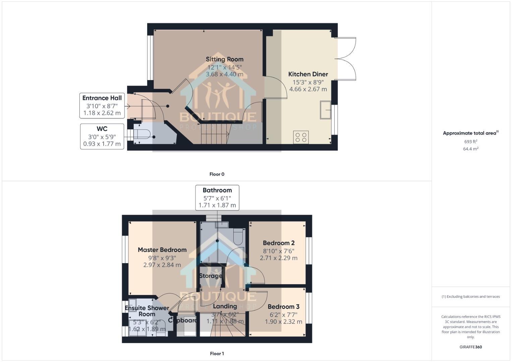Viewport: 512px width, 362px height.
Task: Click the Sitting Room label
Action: tap(224, 59)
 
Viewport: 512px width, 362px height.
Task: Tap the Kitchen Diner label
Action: tap(308, 74)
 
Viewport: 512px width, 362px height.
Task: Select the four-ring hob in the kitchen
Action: tap(301, 137)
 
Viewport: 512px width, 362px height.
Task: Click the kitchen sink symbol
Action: tap(325, 110)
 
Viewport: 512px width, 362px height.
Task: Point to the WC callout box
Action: tap(102, 136)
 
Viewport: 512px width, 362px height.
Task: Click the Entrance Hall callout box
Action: tap(102, 106)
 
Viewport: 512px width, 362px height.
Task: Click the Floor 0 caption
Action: tap(217, 174)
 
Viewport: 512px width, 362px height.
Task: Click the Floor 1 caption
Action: tap(217, 353)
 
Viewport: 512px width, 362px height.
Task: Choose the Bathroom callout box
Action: tap(217, 198)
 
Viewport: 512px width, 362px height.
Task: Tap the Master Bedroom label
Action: tap(162, 250)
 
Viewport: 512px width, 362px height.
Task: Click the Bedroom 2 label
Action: tap(278, 243)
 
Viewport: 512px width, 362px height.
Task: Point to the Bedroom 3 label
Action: tap(283, 307)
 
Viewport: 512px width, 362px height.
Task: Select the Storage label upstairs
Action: tap(210, 276)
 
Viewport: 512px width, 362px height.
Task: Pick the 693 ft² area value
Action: tap(470, 142)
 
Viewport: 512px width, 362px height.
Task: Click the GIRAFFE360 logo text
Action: tap(470, 347)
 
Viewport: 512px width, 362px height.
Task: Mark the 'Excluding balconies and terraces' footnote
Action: tap(470, 297)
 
